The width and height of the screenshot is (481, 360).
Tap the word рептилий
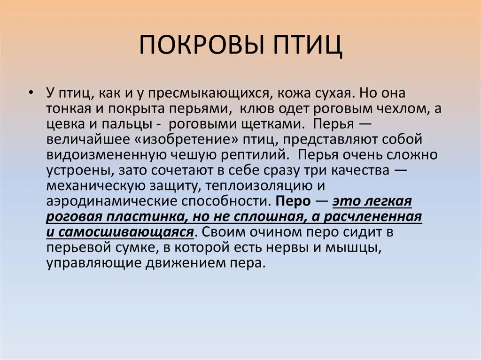pyautogui.click(x=256, y=155)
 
